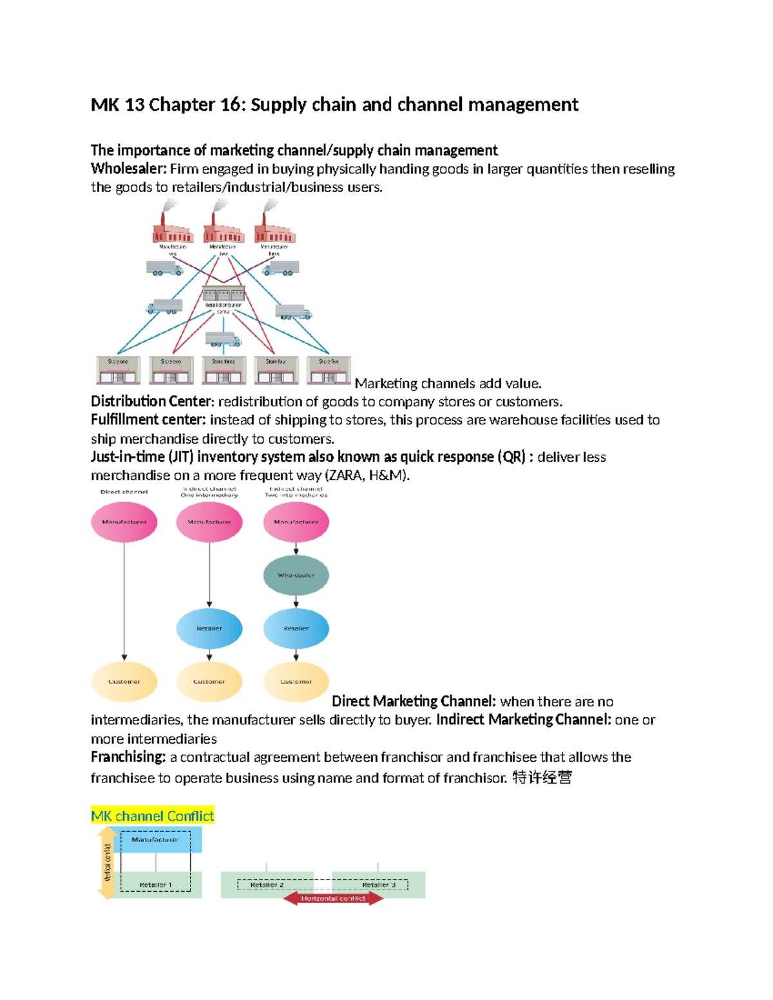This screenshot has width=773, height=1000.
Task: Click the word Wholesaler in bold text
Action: point(128,169)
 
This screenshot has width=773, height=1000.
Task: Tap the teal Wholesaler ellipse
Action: point(296,575)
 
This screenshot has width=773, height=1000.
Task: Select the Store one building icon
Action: point(118,370)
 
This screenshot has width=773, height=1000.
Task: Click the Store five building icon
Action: point(329,370)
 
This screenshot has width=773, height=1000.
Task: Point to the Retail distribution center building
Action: point(224,297)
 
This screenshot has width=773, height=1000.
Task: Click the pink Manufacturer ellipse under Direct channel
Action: point(124,522)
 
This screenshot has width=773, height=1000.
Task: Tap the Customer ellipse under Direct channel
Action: point(124,681)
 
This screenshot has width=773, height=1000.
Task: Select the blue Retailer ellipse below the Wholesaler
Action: point(296,628)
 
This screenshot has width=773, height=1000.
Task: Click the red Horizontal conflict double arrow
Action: point(333,898)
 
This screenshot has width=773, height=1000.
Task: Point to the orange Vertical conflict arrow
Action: point(106,863)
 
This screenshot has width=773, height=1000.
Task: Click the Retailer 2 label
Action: point(267,885)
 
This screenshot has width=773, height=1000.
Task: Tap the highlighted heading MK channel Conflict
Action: point(153,816)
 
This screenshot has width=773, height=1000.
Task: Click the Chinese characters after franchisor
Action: point(542,778)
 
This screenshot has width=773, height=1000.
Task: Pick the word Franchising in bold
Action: point(128,757)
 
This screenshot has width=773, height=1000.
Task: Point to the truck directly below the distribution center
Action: point(223,339)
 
